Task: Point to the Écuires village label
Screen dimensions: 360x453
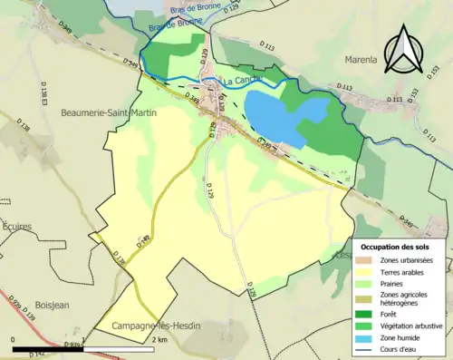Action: (17, 226)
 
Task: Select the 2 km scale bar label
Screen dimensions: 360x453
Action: (159, 338)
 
